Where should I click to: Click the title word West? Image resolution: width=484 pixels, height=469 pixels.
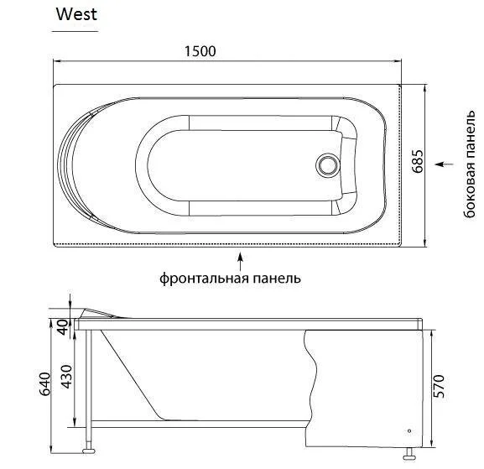[76, 13]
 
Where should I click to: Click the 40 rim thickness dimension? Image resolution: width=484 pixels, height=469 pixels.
[61, 326]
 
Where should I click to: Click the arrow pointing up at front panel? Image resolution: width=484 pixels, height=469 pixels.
[242, 258]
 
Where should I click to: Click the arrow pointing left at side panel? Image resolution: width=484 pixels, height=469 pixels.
[445, 164]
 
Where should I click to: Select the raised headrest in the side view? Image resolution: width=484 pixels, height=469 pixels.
[101, 312]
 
